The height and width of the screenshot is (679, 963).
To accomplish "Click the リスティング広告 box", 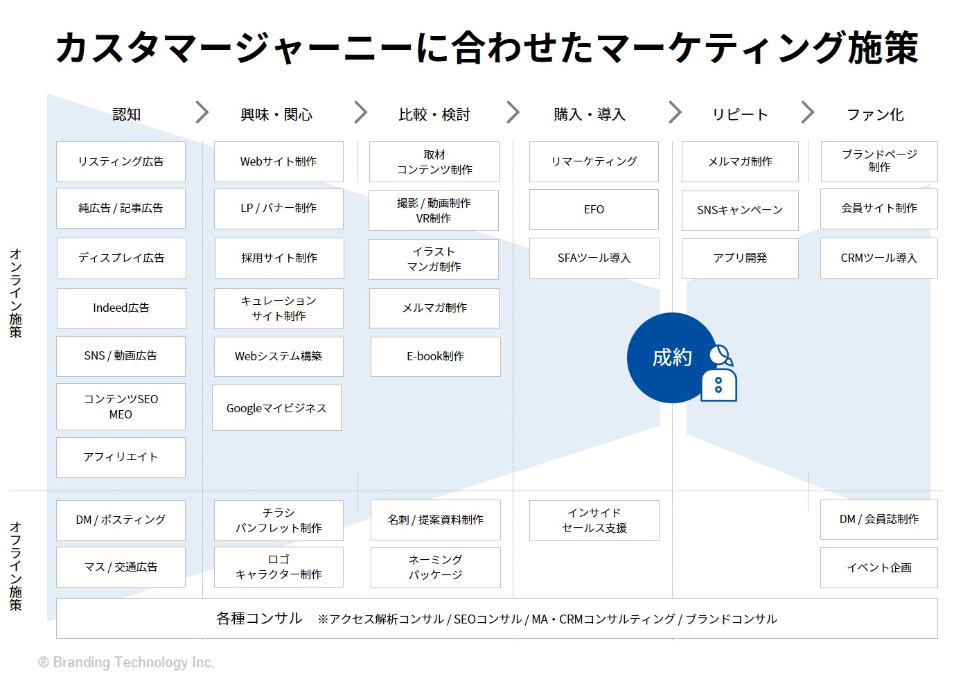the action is tap(121, 161).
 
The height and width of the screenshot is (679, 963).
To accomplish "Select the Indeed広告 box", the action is tap(121, 308).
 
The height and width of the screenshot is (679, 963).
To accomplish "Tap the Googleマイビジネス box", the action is tap(276, 407).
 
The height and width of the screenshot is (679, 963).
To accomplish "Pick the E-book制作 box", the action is tap(436, 357).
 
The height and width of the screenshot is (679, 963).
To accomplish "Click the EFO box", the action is tap(594, 209).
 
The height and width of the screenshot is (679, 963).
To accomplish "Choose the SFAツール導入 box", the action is tap(594, 258).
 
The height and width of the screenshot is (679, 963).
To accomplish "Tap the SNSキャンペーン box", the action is tap(740, 210).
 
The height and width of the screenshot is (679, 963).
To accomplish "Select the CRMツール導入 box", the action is tap(878, 258).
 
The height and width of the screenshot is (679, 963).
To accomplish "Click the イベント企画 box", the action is tap(878, 567).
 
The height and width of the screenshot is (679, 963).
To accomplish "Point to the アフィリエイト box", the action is tap(121, 457).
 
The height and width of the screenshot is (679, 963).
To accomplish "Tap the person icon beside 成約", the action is tap(720, 373).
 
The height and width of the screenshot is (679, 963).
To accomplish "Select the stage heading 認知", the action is tap(126, 114).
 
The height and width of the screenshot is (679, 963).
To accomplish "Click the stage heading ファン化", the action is tap(875, 115).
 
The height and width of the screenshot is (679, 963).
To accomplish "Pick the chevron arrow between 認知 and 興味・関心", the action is tap(202, 112).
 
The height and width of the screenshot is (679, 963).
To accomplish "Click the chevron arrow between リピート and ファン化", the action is tap(808, 112).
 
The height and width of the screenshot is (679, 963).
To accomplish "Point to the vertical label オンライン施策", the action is tap(16, 293).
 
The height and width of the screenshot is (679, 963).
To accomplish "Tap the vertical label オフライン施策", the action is tap(16, 566).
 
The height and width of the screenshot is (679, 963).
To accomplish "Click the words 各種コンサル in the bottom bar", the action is tap(259, 618).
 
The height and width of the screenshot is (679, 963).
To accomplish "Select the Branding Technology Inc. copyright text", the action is tap(126, 662).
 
